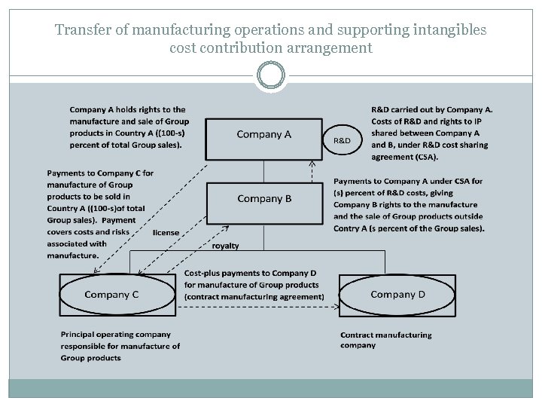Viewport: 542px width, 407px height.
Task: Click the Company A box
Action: pos(263,136)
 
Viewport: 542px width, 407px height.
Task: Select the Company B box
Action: pos(263,200)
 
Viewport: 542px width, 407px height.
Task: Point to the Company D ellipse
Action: pos(397,295)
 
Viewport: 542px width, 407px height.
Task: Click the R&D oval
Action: pos(342,140)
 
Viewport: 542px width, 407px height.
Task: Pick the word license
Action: pos(166,233)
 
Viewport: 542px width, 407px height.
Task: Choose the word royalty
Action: pos(226,246)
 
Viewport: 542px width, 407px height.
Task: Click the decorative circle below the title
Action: pos(271,76)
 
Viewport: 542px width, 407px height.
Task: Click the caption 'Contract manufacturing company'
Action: pos(386,340)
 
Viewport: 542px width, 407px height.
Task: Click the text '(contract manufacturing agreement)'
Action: pos(254,296)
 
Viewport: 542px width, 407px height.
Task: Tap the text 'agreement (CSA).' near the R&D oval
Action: pos(404,157)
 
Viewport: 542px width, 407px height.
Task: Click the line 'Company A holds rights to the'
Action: pos(127,109)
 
